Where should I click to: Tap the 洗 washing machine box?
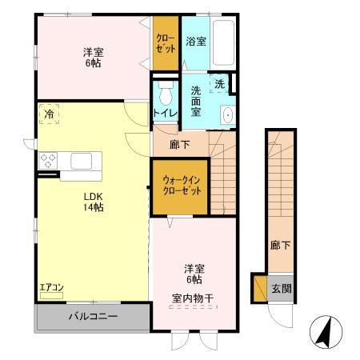(x=218, y=83)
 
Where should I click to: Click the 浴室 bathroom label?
(x=196, y=40)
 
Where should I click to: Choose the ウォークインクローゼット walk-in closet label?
(x=182, y=187)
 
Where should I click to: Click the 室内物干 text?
(x=192, y=299)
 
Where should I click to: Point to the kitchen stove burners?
(x=48, y=162)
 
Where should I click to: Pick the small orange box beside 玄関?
(x=258, y=288)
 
